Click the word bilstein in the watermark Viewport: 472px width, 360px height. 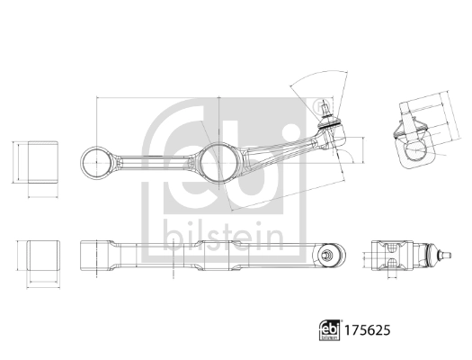(x=221, y=236)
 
